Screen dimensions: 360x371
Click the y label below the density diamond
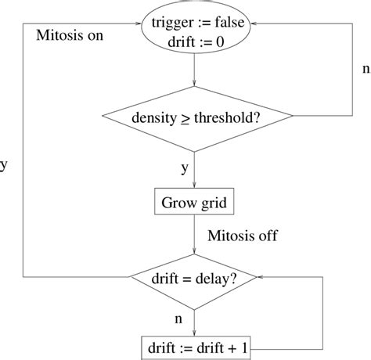[185, 167]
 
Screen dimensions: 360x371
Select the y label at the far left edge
[4, 165]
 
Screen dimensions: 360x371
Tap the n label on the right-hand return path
[364, 68]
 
